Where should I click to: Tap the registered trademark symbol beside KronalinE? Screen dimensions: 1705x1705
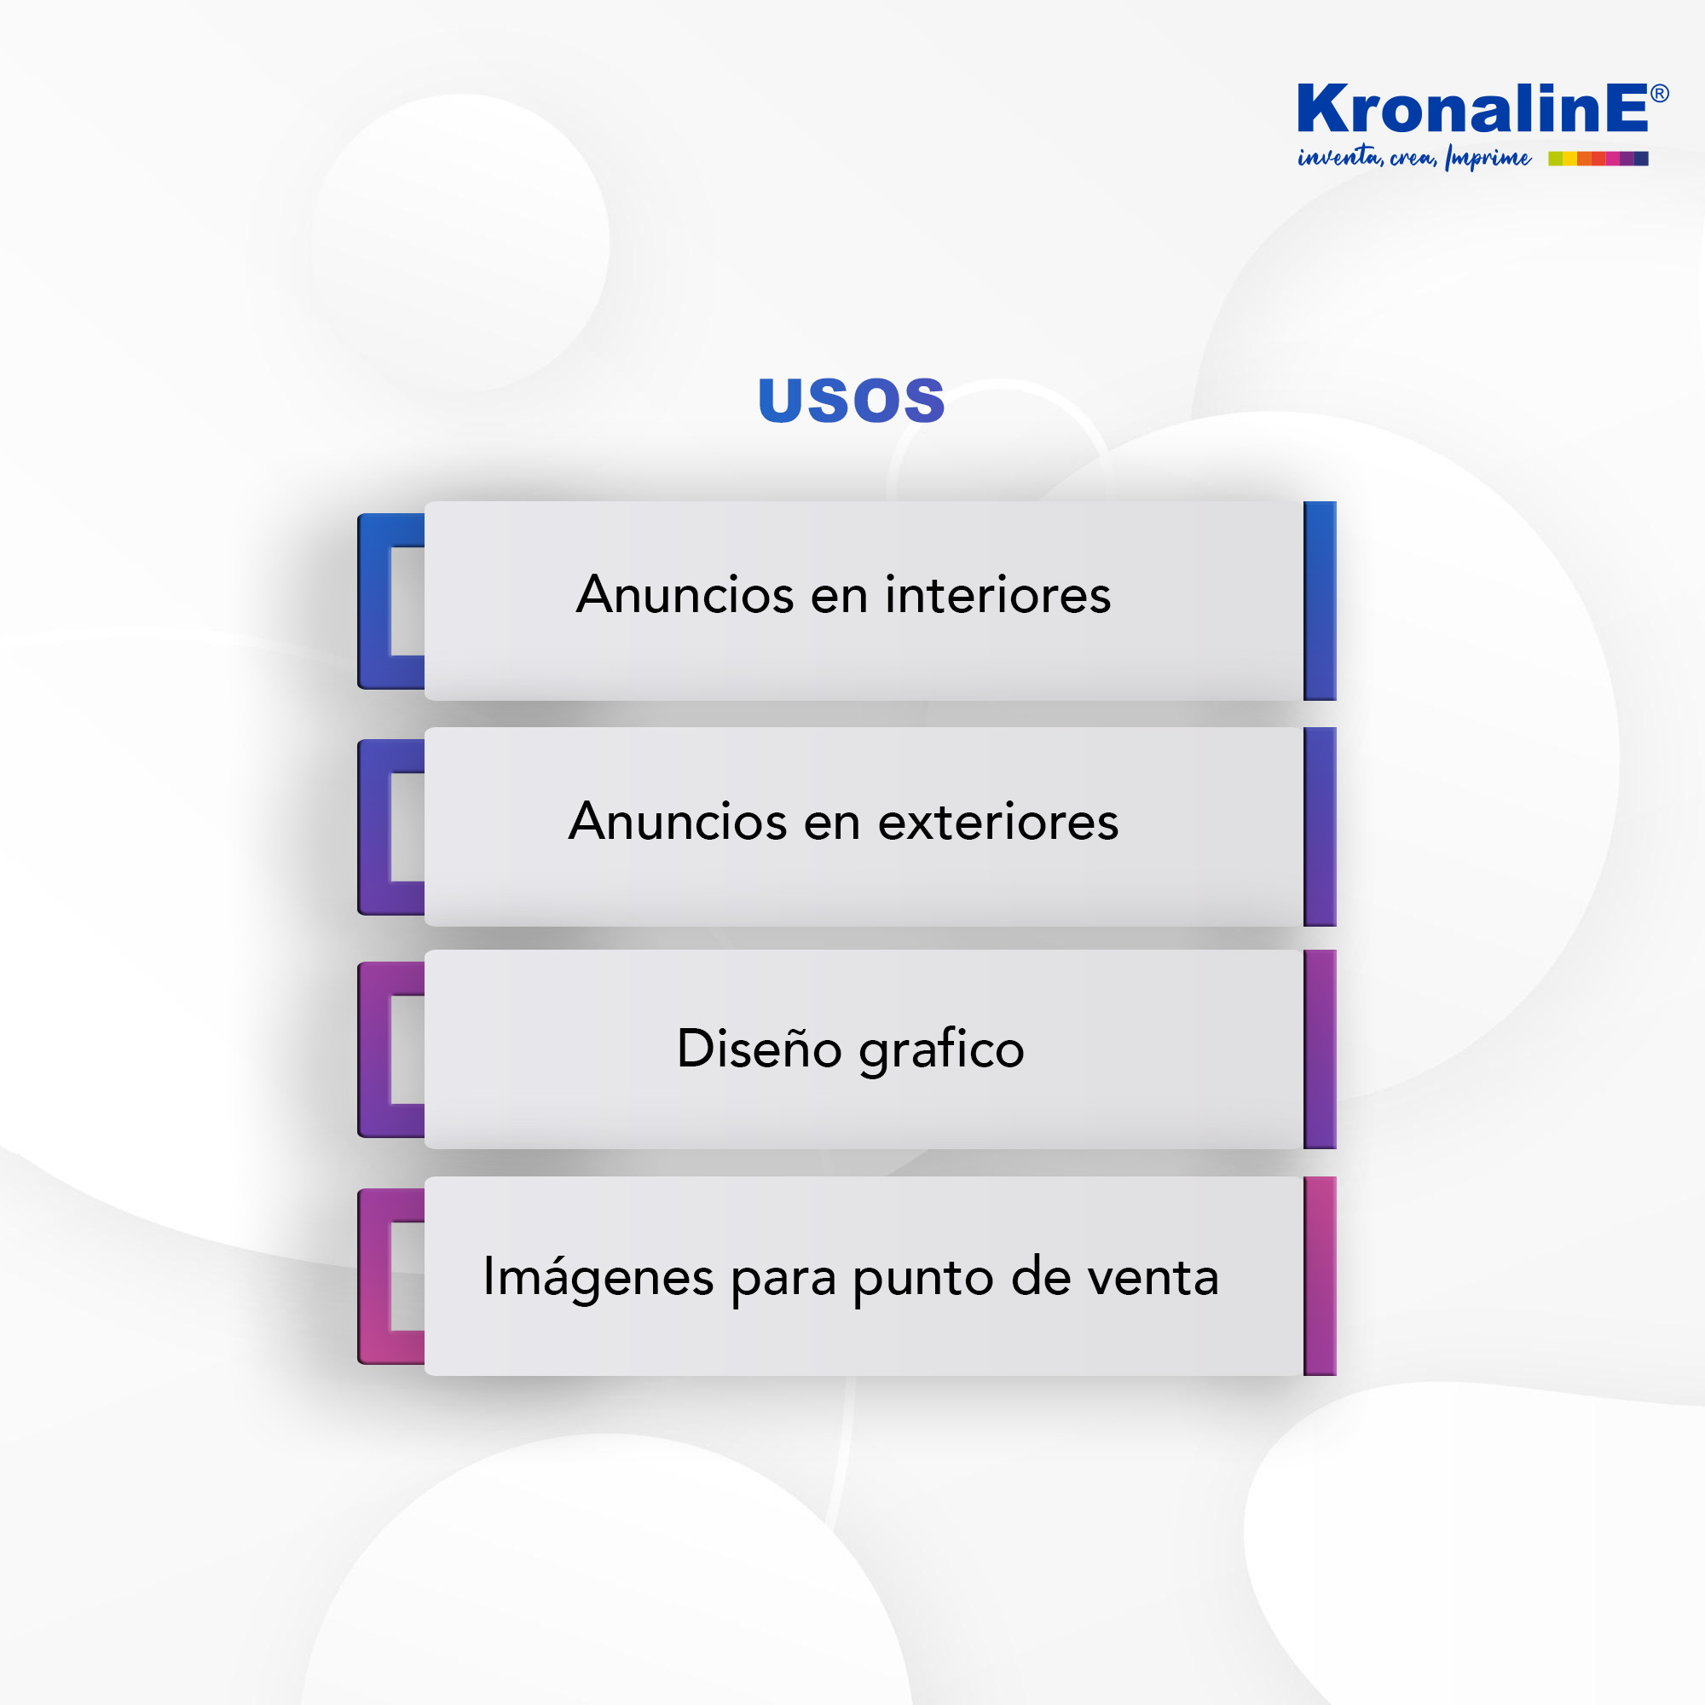tap(1659, 94)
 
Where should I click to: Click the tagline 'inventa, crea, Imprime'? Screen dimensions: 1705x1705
tap(1413, 158)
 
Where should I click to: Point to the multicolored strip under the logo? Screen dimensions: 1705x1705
tap(1598, 159)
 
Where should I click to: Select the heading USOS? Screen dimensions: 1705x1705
tap(852, 400)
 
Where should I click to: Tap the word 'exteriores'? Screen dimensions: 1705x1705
tap(998, 822)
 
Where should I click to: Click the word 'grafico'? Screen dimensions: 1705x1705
tap(942, 1051)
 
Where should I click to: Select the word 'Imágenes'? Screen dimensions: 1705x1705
tap(598, 1278)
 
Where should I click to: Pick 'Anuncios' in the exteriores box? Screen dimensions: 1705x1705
tap(678, 822)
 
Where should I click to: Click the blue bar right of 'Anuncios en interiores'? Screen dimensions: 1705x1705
tap(1320, 601)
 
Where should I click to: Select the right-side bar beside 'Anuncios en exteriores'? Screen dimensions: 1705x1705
tap(1320, 827)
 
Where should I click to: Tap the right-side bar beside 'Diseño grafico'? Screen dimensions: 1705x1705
tap(1320, 1049)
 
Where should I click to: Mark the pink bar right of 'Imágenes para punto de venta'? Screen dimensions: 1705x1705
tap(1320, 1276)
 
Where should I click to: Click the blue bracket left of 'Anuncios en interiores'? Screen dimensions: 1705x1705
tap(374, 601)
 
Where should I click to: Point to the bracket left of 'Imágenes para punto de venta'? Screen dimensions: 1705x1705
tap(374, 1276)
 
